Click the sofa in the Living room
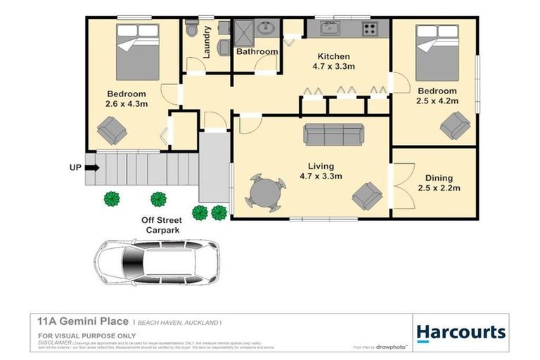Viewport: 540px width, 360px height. [333, 134]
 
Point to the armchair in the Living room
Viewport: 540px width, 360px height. [367, 195]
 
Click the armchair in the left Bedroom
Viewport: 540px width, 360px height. [112, 129]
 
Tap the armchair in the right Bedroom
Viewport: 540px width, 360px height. [455, 125]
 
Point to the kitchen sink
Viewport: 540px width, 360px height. [329, 29]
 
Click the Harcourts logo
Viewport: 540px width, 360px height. [461, 332]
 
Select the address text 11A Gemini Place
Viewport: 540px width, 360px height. [83, 321]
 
